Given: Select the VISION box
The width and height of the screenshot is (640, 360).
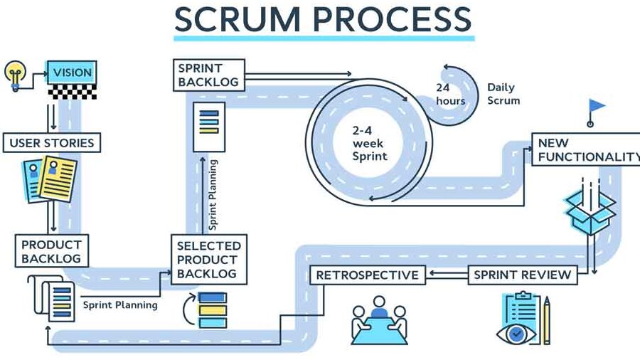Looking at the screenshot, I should (71, 73).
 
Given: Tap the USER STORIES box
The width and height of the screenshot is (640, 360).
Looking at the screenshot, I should (51, 142).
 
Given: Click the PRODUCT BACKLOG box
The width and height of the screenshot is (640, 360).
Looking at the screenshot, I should (51, 250).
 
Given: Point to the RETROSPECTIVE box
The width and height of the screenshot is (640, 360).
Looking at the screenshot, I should (368, 275).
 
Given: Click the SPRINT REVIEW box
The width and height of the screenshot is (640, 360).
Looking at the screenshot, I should (523, 275).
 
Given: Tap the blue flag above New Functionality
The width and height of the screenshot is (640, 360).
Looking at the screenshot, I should (596, 107).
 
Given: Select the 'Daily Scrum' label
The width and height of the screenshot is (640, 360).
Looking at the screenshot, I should (503, 94).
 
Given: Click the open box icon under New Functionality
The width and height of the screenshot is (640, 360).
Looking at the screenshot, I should (589, 211).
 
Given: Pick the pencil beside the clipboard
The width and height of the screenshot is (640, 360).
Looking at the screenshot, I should (546, 320).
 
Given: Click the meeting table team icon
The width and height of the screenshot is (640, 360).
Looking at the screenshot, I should (380, 320).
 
